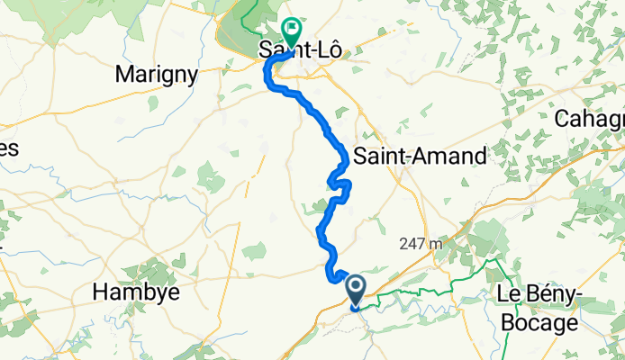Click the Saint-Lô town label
click(x=300, y=51)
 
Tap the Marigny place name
click(x=157, y=76)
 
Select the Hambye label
click(x=137, y=292)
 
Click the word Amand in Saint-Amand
click(x=454, y=156)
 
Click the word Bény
click(x=553, y=293)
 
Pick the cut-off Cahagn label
click(x=590, y=119)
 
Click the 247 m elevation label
click(x=421, y=244)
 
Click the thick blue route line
click(x=322, y=117)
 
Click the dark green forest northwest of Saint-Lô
click(x=236, y=36)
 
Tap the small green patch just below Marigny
click(x=152, y=103)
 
